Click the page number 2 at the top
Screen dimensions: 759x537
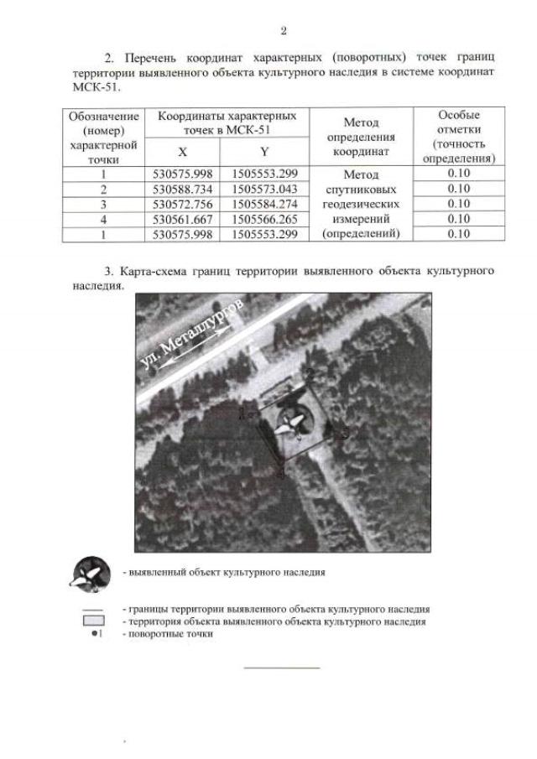pos(283,31)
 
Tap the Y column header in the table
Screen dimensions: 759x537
pos(264,152)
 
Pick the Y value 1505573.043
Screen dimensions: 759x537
pos(265,189)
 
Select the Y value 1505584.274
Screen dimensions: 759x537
pos(265,204)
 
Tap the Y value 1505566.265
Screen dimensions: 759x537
pos(265,219)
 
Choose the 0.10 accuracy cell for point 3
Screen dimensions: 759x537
pos(459,204)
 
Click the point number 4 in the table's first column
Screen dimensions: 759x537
pos(103,219)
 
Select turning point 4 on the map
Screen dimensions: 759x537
pos(282,474)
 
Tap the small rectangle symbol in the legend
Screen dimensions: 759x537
pos(94,621)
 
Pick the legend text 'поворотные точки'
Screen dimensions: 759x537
pos(167,634)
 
